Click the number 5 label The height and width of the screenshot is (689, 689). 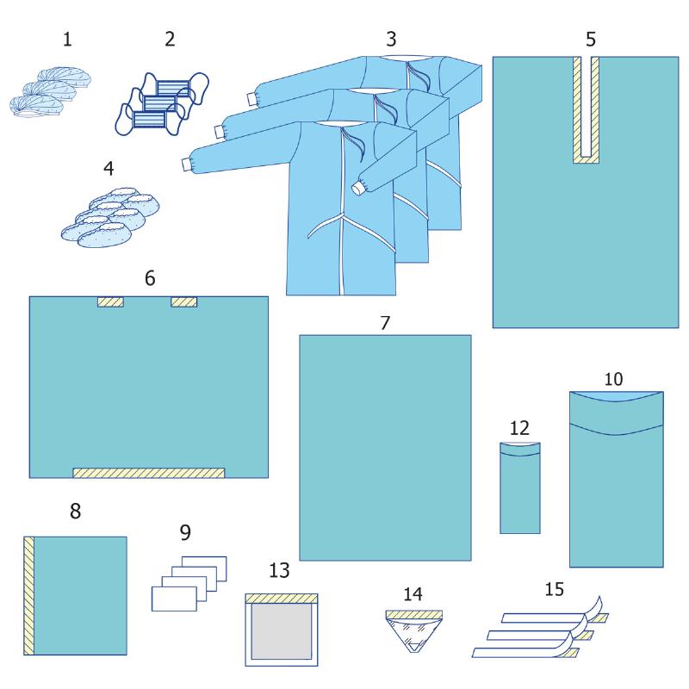click(591, 39)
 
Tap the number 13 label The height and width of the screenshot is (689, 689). click(279, 570)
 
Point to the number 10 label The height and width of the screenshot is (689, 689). click(613, 379)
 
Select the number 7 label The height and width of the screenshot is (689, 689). click(385, 323)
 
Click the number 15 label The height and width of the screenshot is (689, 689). click(554, 589)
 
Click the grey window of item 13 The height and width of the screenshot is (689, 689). click(282, 631)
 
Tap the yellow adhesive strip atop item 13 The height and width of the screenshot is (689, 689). click(282, 599)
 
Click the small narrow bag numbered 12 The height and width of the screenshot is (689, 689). click(520, 487)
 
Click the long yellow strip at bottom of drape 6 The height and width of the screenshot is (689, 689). click(148, 473)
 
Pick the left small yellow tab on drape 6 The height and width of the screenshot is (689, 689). click(110, 302)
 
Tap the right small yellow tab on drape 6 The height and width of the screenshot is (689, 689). click(184, 302)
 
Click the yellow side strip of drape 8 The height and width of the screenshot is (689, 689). click(29, 595)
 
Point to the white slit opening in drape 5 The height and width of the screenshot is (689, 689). click(587, 107)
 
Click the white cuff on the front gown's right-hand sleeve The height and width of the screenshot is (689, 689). click(358, 189)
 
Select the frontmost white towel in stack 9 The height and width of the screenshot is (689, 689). click(174, 599)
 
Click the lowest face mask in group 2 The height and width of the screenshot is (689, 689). click(147, 120)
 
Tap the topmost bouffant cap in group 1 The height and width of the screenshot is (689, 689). click(64, 77)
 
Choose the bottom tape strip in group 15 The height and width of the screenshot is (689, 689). click(525, 653)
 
